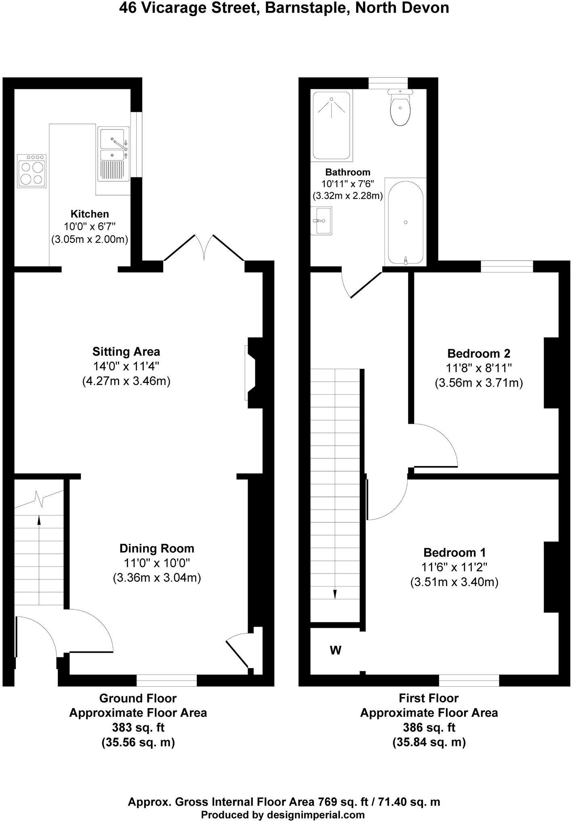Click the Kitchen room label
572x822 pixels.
90,214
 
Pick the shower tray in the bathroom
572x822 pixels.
332,124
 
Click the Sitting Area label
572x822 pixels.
126,351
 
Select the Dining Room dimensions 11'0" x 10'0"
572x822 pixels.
157,563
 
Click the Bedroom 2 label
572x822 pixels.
479,353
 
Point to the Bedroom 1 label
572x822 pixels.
454,552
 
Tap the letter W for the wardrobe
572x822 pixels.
336,650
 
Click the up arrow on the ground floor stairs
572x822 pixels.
39,520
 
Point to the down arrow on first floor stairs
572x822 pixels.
334,594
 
